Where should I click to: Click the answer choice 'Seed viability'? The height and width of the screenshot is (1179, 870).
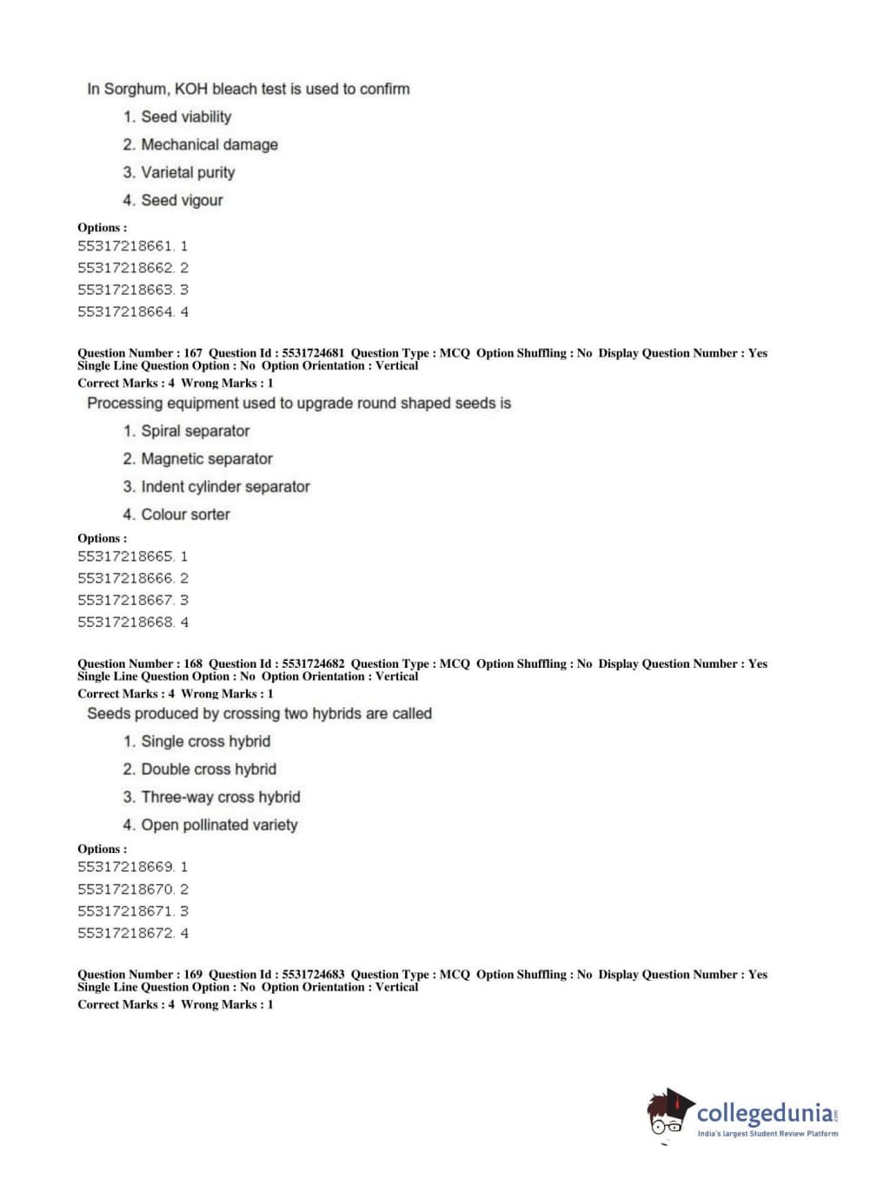click(186, 117)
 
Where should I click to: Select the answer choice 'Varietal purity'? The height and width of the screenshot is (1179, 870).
click(188, 172)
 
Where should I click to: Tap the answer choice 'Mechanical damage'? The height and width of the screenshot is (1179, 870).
click(209, 144)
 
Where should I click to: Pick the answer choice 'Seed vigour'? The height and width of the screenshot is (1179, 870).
click(182, 200)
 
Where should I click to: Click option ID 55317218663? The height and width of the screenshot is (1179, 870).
click(133, 290)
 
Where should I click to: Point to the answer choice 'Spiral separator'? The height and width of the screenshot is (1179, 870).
click(195, 430)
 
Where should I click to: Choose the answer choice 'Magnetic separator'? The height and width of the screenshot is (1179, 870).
click(207, 458)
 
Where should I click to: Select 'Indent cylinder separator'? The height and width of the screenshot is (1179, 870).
click(225, 486)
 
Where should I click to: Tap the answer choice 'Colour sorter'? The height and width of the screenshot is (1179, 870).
click(185, 514)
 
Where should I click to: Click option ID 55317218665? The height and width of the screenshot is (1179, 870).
click(133, 556)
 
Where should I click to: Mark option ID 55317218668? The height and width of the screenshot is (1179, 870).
click(133, 623)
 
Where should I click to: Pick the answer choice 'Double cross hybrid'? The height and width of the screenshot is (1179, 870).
click(209, 769)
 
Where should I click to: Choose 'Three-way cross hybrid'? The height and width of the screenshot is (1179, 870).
click(221, 796)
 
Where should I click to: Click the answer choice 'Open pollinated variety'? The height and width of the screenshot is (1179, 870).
click(219, 824)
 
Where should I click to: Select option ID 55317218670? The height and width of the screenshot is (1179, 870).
click(133, 889)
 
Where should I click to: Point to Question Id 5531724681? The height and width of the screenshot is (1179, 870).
click(276, 353)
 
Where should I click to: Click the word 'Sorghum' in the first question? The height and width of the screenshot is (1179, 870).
click(136, 89)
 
